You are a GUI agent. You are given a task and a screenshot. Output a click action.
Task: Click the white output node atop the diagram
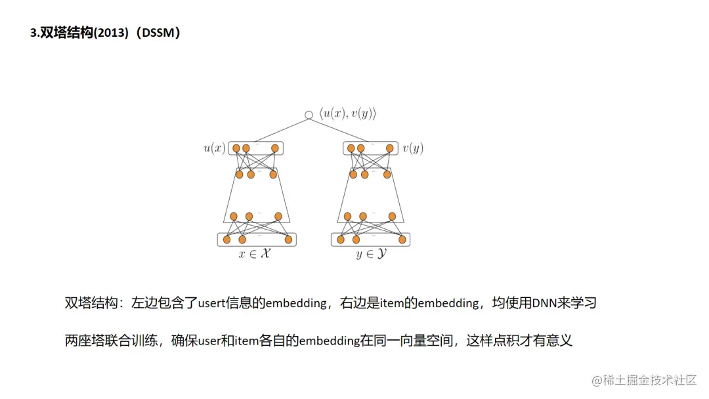point(309,115)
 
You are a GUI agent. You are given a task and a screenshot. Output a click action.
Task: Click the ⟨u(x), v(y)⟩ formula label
point(348,114)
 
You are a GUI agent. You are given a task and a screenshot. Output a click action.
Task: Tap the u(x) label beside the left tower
point(214,148)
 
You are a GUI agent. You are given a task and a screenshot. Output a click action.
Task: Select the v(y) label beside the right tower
point(413,148)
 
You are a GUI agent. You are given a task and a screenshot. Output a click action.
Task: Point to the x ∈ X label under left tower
point(255,254)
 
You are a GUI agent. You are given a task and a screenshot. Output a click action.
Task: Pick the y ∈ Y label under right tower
point(371,254)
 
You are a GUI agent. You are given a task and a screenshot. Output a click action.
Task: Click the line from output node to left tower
point(276,130)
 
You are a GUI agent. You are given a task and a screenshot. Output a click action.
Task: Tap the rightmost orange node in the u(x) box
point(275,148)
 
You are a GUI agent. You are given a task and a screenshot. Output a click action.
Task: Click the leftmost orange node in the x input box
point(226,240)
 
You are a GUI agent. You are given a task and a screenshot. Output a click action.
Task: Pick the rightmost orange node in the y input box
point(402,240)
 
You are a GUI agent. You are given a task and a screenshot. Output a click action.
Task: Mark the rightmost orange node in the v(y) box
point(390,148)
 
